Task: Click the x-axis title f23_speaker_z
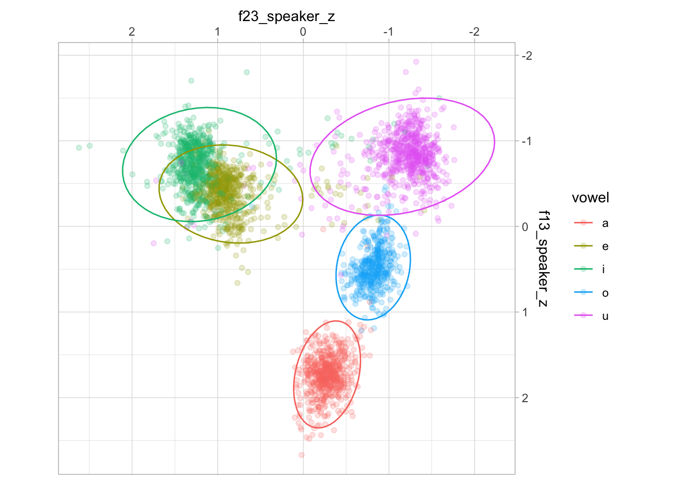click(x=286, y=17)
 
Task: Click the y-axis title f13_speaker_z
click(x=543, y=259)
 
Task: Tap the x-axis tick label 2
click(x=132, y=32)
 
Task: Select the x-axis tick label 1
click(x=217, y=32)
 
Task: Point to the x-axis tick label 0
click(x=303, y=32)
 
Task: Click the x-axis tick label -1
click(x=388, y=32)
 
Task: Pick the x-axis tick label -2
click(x=474, y=32)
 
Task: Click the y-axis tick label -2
click(x=526, y=55)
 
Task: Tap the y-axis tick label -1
click(x=526, y=141)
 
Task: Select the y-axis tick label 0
click(x=525, y=226)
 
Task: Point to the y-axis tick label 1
click(x=525, y=312)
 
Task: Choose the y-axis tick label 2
click(x=525, y=398)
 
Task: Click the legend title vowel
click(x=590, y=198)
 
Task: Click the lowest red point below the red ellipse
click(x=301, y=455)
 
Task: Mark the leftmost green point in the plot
click(x=79, y=148)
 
